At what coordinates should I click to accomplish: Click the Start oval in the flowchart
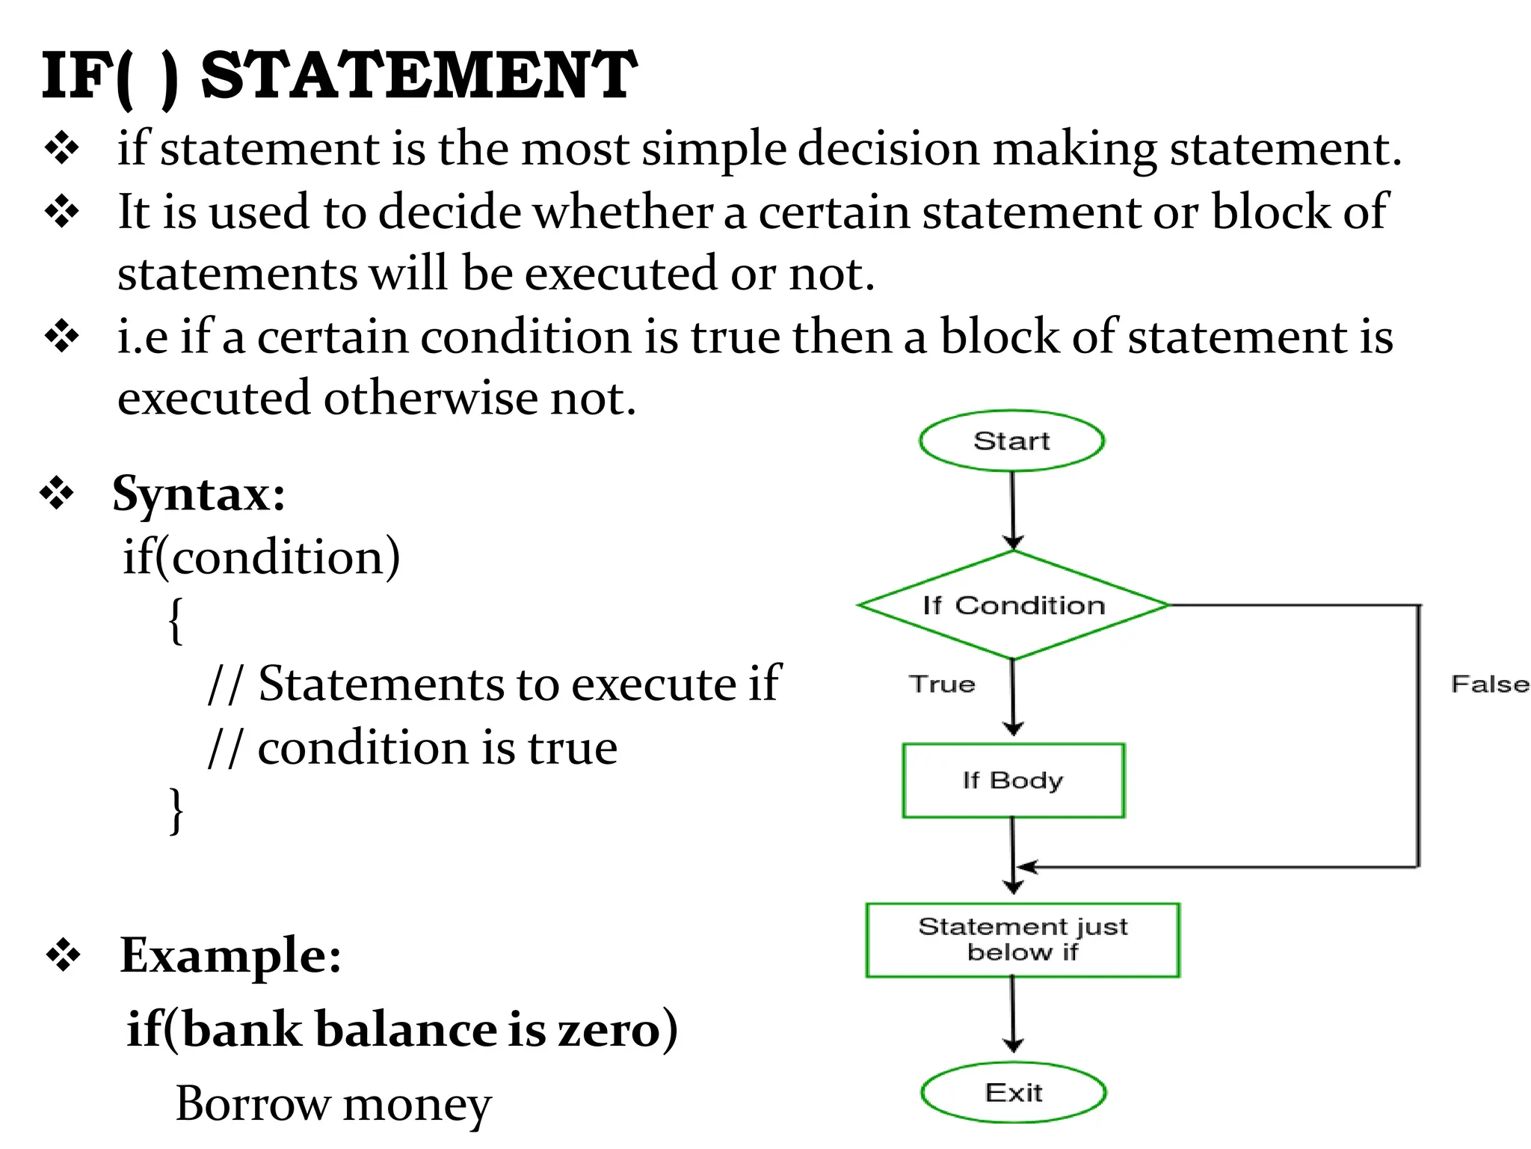[1011, 441]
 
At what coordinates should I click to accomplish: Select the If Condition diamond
[1013, 605]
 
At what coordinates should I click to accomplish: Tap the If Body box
[1013, 780]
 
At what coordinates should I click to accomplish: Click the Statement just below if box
[1022, 940]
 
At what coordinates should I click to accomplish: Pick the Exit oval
[1013, 1093]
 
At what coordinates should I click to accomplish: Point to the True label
[942, 684]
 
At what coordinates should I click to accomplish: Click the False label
[1489, 684]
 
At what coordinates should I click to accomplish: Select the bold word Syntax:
[199, 494]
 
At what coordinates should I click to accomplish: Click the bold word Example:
[230, 955]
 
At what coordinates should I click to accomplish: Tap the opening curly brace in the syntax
[175, 620]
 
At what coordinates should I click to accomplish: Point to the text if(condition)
[262, 557]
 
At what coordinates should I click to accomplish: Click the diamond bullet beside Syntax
[58, 494]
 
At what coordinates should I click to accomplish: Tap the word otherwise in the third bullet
[431, 398]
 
